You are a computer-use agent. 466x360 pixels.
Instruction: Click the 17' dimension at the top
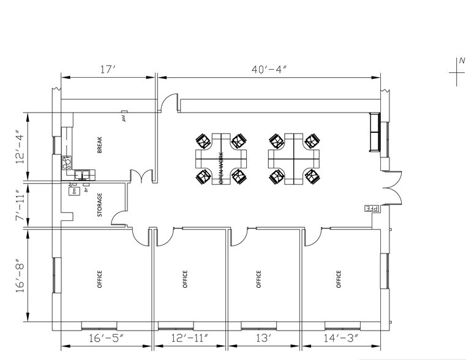(x=108, y=69)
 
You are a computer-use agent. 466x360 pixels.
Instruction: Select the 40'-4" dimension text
(x=269, y=69)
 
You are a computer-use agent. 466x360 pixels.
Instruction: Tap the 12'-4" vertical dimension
(x=23, y=147)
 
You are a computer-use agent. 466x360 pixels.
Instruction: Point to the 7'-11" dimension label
(x=23, y=205)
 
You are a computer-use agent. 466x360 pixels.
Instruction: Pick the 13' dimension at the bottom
(x=264, y=338)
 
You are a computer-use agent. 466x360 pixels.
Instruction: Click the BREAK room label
(x=99, y=145)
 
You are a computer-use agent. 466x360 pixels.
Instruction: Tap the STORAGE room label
(x=100, y=205)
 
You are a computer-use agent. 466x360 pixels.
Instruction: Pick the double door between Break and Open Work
(x=141, y=177)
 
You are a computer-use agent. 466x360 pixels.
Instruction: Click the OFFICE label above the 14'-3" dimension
(x=339, y=279)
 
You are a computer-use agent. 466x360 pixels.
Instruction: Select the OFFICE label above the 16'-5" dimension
(x=100, y=279)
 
